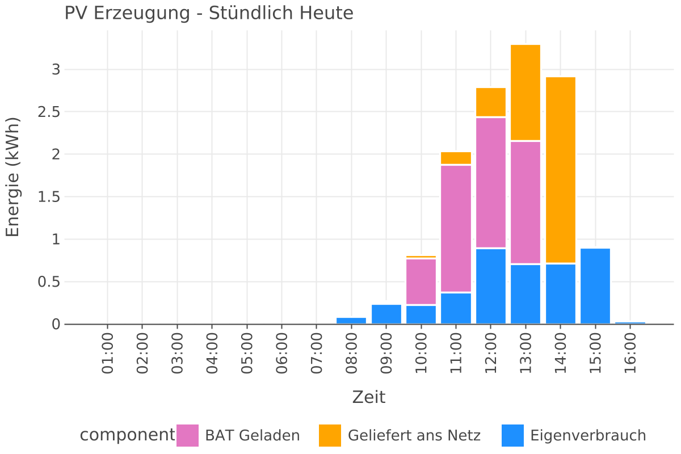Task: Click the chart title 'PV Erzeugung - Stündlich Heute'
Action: tap(208, 13)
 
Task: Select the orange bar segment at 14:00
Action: tap(561, 170)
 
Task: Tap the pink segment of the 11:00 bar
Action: tap(456, 229)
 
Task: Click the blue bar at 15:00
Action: tap(595, 286)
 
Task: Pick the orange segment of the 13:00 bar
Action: tap(526, 92)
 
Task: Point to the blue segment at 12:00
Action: tap(491, 286)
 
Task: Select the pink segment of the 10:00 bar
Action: tap(421, 281)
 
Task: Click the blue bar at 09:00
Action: tap(386, 314)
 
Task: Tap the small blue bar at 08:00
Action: tap(351, 321)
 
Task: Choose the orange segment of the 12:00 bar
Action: tap(491, 102)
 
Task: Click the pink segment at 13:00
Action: tap(526, 202)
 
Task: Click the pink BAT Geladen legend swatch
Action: tap(187, 435)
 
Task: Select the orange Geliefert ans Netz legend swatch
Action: tap(330, 435)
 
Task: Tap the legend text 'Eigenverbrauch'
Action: tap(588, 436)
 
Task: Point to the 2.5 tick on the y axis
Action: tap(49, 112)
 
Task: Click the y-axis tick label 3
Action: tap(56, 70)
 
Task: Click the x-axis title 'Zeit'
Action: tap(368, 397)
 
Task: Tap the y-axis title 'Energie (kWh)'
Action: tap(12, 177)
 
